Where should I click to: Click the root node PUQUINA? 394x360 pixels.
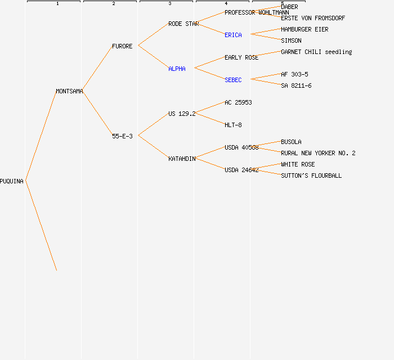[x=12, y=181]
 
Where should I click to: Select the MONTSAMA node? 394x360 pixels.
[x=69, y=91]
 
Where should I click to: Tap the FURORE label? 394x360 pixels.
[x=122, y=46]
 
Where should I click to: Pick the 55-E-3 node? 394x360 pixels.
[x=122, y=136]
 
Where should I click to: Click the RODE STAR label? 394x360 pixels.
[x=183, y=24]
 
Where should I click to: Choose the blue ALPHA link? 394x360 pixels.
[x=177, y=69]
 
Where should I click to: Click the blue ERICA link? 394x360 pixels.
[x=233, y=35]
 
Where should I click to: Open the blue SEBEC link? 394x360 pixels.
[x=233, y=80]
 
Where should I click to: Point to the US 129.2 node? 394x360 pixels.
[x=182, y=114]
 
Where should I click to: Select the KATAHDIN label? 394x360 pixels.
[x=182, y=159]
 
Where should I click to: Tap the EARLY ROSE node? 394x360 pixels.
[x=241, y=57]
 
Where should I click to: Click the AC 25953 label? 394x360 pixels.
[x=238, y=102]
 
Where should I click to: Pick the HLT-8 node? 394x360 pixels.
[x=233, y=125]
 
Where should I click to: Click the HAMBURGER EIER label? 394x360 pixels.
[x=305, y=29]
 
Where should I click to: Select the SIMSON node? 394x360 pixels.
[x=291, y=40]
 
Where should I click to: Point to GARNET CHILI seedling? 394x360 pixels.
[x=316, y=52]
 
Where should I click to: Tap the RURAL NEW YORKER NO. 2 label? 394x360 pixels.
[x=318, y=153]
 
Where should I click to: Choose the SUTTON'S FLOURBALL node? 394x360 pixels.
[x=311, y=175]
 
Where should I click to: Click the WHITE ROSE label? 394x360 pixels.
[x=298, y=164]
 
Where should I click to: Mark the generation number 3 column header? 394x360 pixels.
[x=169, y=4]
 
